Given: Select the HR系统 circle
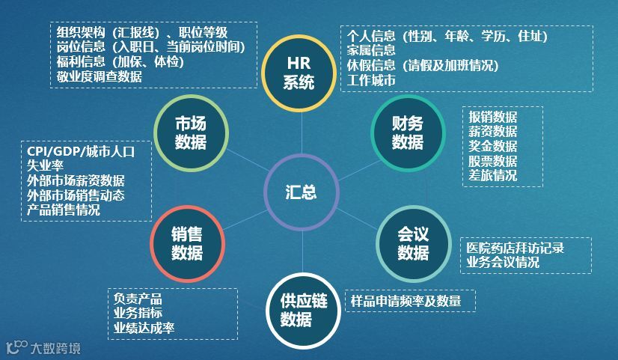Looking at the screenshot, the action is click(x=299, y=73).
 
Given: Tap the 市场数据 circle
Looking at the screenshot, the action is click(x=190, y=132).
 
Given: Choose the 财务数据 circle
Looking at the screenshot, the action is click(x=408, y=132).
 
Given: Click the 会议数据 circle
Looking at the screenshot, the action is click(x=413, y=244).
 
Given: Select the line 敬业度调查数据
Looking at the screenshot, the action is click(x=100, y=76).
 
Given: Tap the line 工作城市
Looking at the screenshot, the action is click(x=371, y=80).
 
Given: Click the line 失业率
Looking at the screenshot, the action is click(x=45, y=166).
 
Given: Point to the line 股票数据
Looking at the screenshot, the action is click(x=493, y=161).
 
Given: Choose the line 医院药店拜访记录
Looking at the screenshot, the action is click(x=515, y=248).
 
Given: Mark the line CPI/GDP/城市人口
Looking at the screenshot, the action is click(x=80, y=152).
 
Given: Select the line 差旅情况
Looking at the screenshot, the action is click(x=493, y=176).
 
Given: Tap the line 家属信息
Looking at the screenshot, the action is click(x=371, y=50).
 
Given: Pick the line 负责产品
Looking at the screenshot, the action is click(x=138, y=298).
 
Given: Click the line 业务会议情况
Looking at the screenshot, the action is click(x=503, y=262).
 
